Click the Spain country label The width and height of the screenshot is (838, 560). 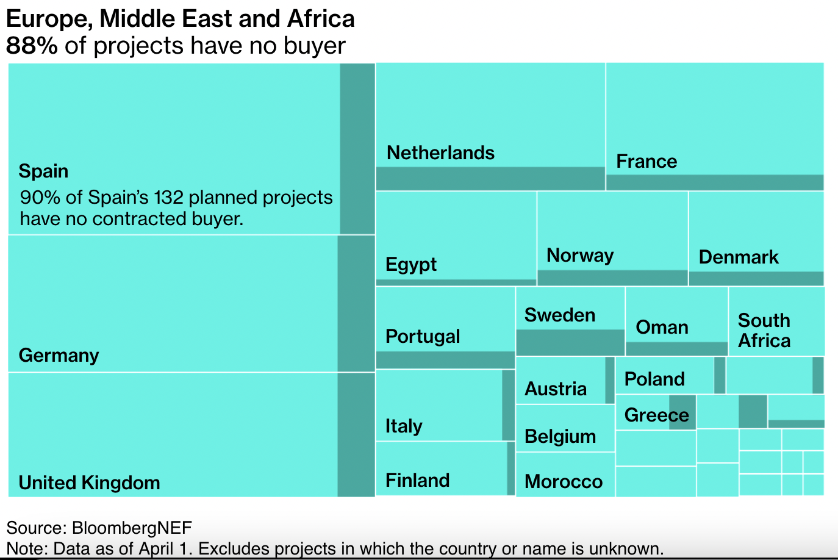43,171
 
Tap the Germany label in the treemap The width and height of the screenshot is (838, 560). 59,355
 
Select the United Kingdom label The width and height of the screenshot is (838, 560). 89,483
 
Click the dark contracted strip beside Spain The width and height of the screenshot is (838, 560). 357,148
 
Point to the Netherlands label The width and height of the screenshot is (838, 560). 440,153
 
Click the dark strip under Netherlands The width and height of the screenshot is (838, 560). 490,179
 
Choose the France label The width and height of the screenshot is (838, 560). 646,161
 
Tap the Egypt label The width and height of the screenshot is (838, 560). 411,264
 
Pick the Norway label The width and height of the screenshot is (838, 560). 580,255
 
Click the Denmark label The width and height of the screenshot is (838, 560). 739,257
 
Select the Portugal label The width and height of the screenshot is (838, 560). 423,336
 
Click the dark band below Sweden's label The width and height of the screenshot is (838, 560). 570,342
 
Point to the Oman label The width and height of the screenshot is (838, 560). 662,327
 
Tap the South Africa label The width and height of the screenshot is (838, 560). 764,330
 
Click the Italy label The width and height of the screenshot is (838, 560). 404,426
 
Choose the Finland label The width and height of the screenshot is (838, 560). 417,480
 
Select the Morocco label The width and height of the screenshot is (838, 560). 564,481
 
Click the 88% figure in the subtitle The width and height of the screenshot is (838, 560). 32,46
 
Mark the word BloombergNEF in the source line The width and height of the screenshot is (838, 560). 132,528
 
